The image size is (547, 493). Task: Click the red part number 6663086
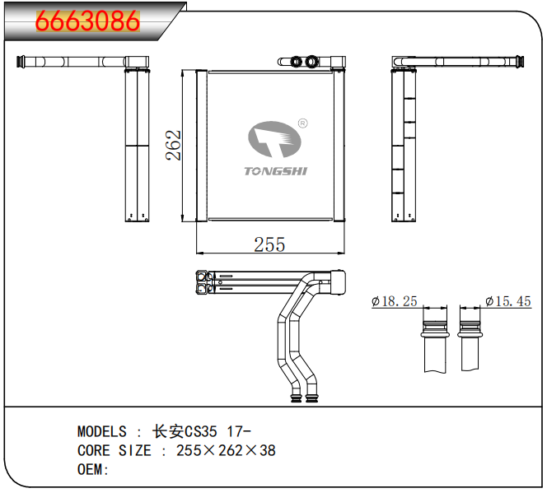point(87,21)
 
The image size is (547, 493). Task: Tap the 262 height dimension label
point(173,146)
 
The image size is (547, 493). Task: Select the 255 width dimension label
point(269,244)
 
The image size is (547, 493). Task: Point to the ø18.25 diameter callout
point(395,301)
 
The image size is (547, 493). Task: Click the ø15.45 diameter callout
point(508,301)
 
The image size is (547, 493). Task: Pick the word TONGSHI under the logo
point(276,171)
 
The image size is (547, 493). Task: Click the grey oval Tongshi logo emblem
point(274,139)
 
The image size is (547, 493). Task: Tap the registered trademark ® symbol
point(303,123)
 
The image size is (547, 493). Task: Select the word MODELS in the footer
point(102,431)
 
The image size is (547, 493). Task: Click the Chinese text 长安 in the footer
point(168,431)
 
